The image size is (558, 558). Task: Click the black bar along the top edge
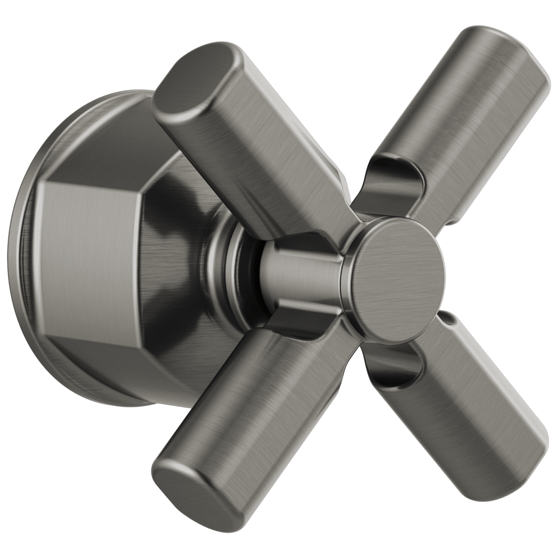[x=279, y=11]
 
